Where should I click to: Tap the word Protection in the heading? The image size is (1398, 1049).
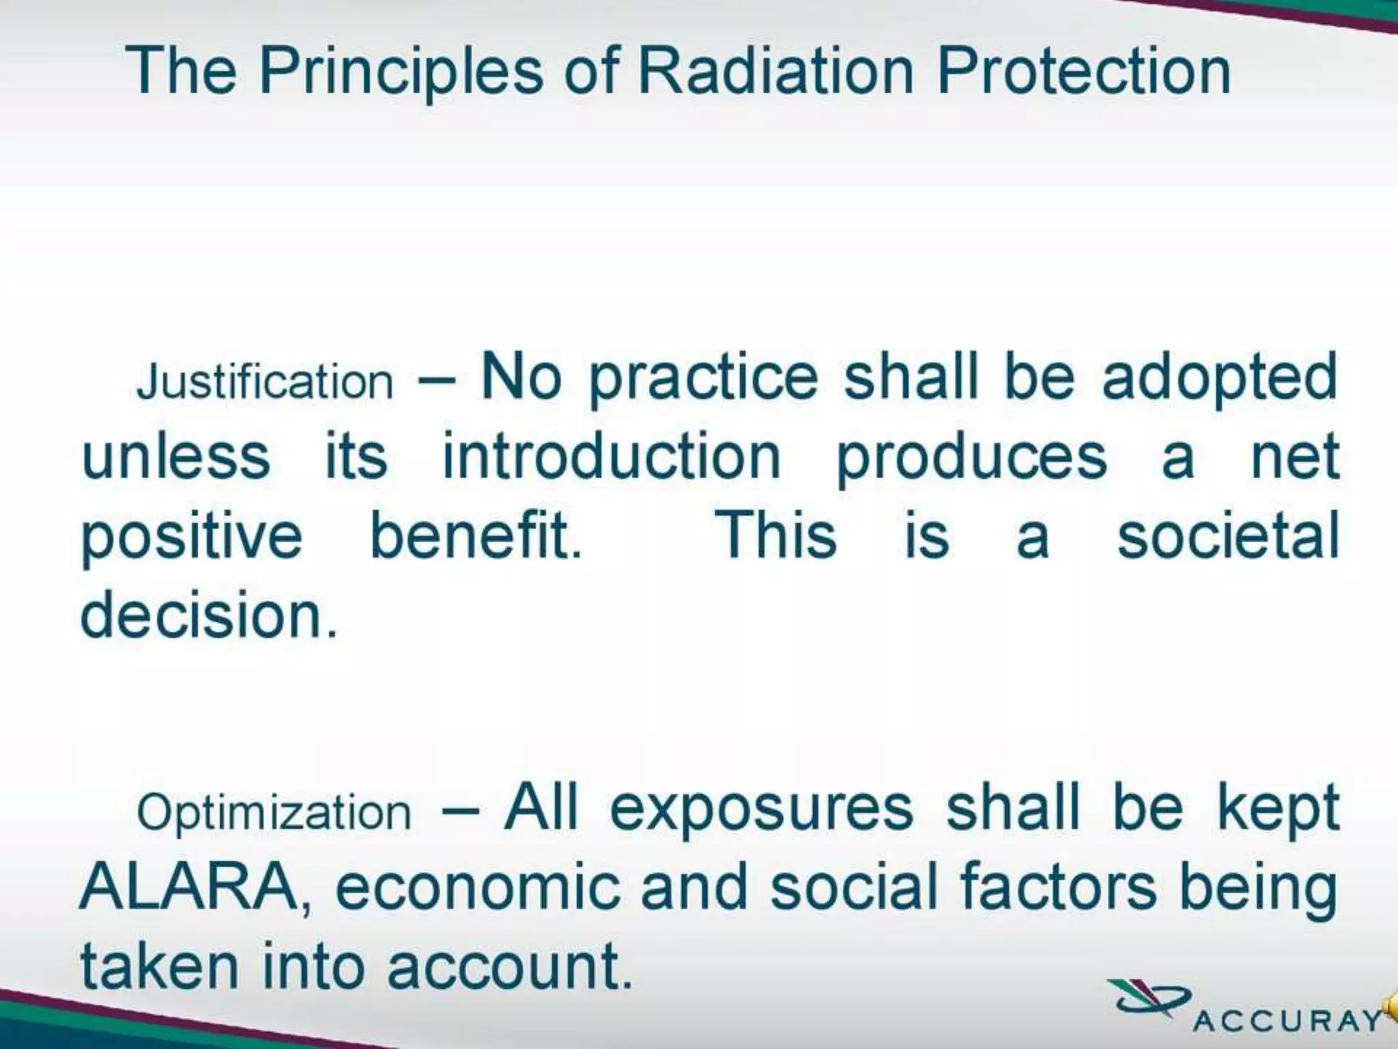1084,70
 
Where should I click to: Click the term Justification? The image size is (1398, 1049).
265,381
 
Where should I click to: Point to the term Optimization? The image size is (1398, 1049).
274,813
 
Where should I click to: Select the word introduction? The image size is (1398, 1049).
612,456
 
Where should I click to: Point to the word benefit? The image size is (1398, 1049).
476,535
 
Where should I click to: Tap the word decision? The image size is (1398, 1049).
209,615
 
